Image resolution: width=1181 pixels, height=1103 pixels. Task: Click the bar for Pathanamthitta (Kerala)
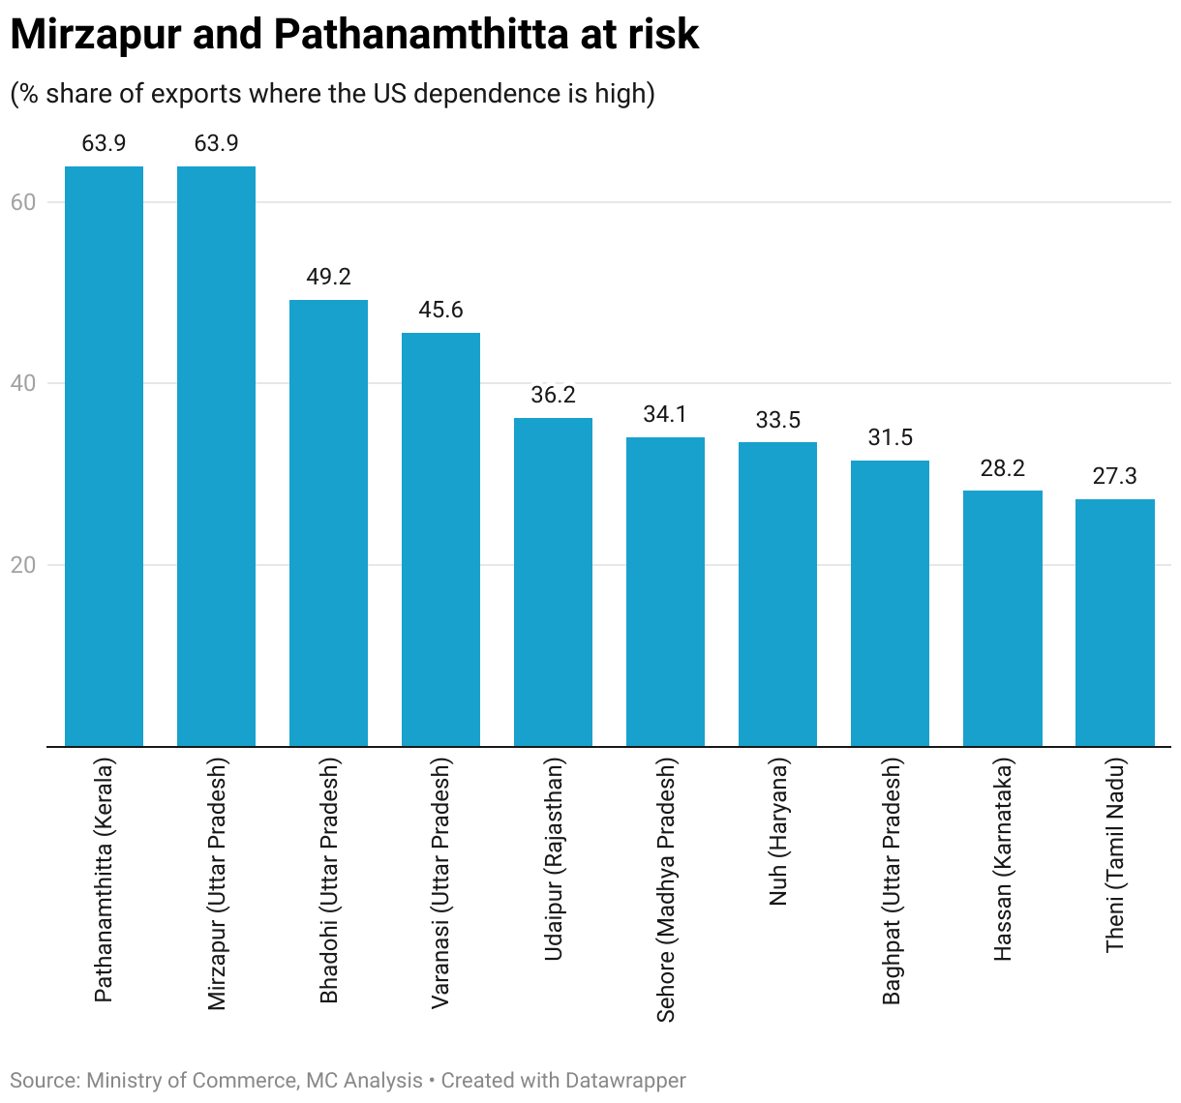[104, 456]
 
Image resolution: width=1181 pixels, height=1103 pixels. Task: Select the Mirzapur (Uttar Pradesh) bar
[216, 456]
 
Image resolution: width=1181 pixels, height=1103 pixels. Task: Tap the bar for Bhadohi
[328, 522]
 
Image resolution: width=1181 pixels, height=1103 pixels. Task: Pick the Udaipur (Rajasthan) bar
[553, 581]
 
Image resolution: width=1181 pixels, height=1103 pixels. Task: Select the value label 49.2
[328, 277]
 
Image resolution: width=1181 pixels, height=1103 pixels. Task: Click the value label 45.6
[440, 310]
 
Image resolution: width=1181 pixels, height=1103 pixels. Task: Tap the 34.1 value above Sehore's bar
[665, 414]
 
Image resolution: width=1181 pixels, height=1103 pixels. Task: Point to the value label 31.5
[890, 437]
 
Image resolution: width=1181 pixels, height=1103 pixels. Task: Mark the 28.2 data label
[1002, 468]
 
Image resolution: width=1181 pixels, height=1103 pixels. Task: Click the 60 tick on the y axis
[23, 202]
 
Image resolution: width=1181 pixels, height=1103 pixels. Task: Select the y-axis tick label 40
[23, 383]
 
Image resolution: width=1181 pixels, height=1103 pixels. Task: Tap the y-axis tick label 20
[23, 565]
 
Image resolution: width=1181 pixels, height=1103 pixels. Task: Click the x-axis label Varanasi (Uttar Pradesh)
[440, 882]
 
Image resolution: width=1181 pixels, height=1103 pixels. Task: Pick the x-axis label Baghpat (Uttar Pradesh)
[891, 880]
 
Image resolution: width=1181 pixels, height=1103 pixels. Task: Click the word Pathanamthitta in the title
[420, 35]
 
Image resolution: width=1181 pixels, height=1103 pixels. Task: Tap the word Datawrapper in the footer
[625, 1081]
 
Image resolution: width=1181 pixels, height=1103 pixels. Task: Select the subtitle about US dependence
[332, 93]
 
